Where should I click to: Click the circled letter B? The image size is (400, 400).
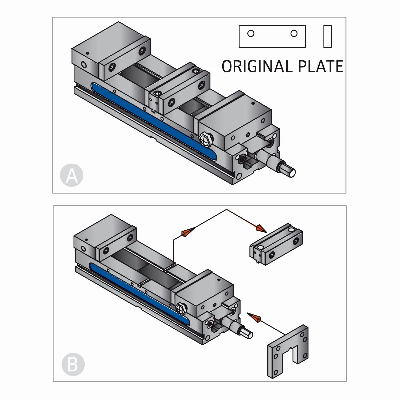(x=73, y=364)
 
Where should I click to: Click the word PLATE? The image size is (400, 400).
(x=320, y=66)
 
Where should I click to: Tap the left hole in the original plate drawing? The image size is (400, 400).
(x=251, y=33)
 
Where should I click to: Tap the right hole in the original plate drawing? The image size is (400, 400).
(x=294, y=33)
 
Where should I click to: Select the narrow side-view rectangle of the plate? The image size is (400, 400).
(x=328, y=36)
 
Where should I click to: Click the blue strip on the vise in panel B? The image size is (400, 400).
(x=140, y=293)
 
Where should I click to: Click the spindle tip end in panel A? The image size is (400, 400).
(x=291, y=172)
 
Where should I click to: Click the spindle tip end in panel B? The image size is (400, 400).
(x=248, y=334)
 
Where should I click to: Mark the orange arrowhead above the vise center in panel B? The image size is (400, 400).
(x=187, y=232)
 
